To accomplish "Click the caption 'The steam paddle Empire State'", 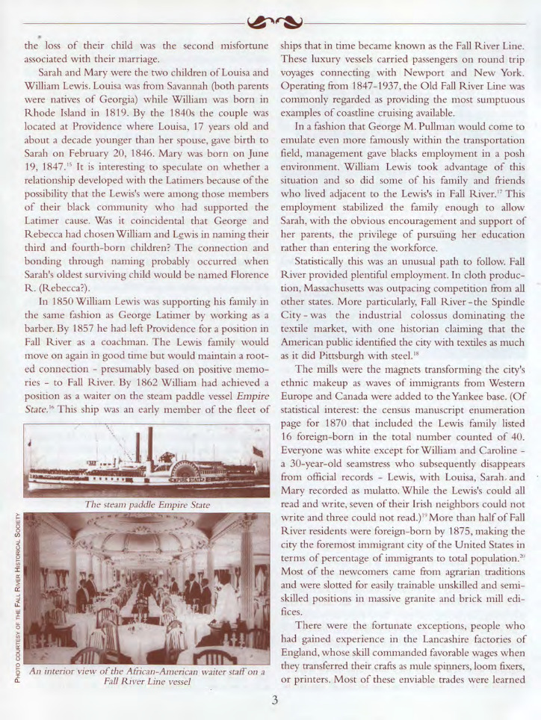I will coord(147,505).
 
